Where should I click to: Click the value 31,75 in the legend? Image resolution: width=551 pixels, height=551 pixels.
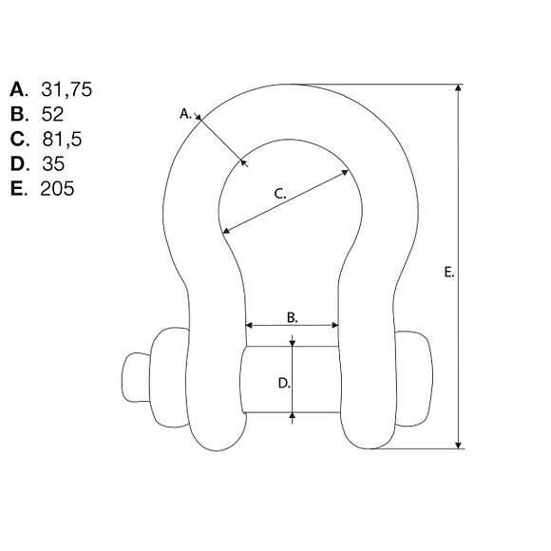(x=66, y=89)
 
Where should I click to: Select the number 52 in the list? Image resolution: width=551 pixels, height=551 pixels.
(x=52, y=114)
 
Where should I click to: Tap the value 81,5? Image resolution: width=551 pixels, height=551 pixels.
(x=62, y=139)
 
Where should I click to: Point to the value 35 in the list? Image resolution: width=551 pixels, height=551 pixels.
(x=53, y=163)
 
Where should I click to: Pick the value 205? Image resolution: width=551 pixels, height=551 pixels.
(x=57, y=188)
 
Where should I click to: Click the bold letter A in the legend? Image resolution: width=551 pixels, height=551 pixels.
(x=17, y=89)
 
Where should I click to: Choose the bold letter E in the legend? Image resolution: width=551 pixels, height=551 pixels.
(x=16, y=188)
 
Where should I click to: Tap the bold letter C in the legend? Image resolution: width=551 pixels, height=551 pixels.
(x=17, y=139)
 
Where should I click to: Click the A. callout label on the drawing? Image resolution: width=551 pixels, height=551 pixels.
(x=185, y=114)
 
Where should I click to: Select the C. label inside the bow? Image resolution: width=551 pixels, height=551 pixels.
(x=280, y=194)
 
